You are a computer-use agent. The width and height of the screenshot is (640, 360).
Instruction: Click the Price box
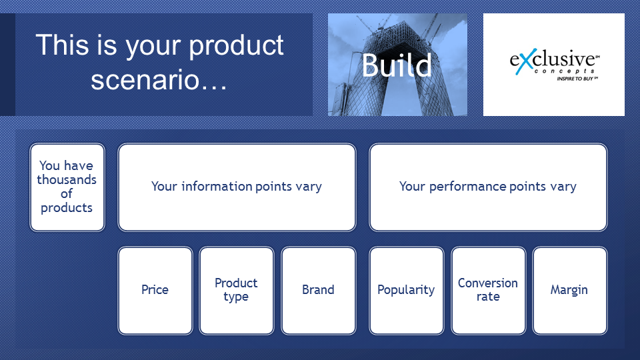155,291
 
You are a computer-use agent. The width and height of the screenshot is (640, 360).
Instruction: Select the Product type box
236,291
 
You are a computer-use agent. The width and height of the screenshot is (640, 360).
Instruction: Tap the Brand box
319,291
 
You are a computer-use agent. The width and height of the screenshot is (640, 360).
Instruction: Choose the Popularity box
406,291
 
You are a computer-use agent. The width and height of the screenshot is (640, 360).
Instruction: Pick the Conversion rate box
488,291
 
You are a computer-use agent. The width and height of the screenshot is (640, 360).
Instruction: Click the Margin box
569,291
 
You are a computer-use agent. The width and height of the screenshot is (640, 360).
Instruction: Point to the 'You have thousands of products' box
67,187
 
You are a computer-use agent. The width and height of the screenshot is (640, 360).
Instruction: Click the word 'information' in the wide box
217,187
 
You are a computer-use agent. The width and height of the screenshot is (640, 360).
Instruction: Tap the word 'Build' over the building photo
396,65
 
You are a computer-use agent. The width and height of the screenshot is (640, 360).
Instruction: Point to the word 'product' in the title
236,46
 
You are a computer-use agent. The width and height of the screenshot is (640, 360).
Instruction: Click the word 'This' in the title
62,44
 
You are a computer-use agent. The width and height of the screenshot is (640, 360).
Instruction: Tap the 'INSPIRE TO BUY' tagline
577,79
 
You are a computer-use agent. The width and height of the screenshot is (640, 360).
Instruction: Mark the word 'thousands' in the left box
67,179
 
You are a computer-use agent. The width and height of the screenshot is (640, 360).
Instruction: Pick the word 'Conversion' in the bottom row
488,283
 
